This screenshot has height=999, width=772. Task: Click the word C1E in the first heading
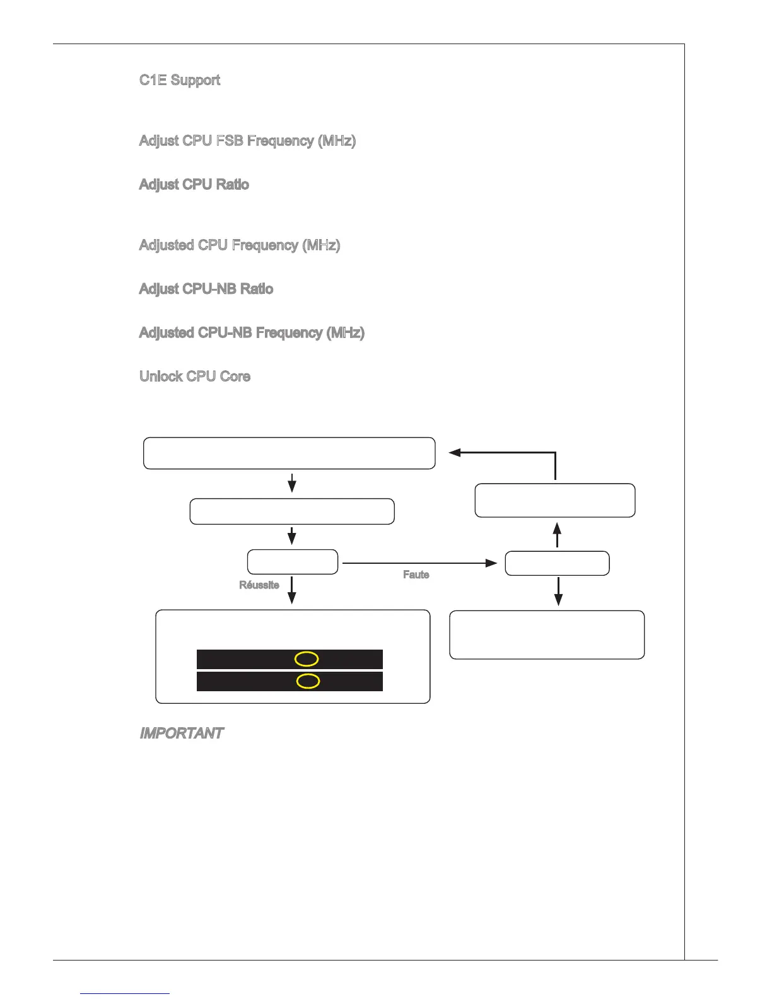(153, 80)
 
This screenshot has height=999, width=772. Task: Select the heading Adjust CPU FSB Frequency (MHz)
(247, 141)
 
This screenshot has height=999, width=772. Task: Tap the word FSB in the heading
(230, 141)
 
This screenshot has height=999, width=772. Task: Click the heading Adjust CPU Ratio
(194, 185)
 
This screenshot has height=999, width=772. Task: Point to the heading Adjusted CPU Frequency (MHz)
(240, 245)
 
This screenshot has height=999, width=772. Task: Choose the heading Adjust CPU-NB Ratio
(206, 289)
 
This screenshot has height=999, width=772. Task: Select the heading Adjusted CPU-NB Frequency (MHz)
(252, 333)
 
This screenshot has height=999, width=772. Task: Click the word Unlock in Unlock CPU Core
(161, 377)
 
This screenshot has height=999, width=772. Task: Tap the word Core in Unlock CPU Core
(235, 377)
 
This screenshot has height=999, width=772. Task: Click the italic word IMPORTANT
(182, 733)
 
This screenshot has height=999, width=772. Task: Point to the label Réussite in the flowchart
(259, 585)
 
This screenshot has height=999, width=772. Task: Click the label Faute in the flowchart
(416, 575)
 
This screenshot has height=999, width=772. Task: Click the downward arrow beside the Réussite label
(291, 590)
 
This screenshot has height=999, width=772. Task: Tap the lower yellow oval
(308, 681)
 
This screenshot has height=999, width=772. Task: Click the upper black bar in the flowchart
(240, 660)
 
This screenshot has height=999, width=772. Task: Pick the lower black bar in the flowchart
(240, 681)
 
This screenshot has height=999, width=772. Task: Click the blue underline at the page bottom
(125, 993)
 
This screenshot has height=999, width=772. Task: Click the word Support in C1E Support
(196, 80)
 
